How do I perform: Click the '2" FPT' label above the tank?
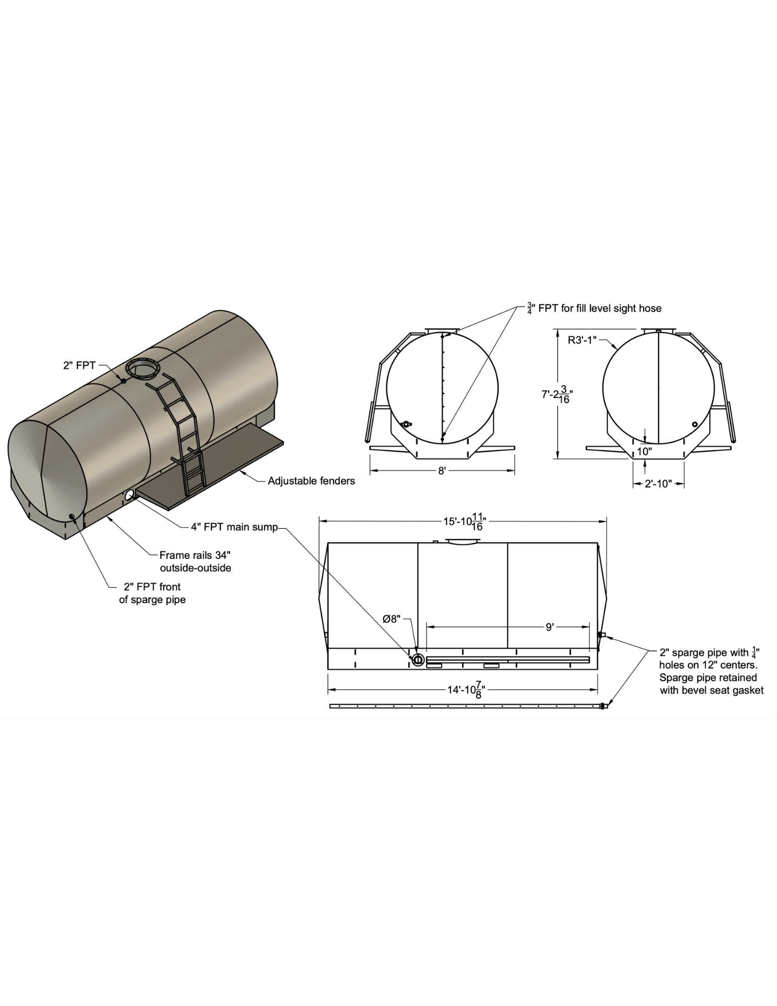[79, 366]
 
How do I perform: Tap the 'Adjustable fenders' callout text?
[311, 481]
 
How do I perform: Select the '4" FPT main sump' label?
[234, 527]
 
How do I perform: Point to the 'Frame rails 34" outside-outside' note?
[195, 561]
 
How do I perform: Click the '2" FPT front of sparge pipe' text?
[152, 593]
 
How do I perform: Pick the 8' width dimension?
[442, 471]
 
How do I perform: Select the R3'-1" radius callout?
[582, 340]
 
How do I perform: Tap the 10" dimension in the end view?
[644, 452]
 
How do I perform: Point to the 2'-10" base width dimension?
[658, 484]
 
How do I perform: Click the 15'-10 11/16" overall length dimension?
[463, 521]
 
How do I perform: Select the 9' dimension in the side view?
[550, 627]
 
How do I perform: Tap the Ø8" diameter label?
[391, 619]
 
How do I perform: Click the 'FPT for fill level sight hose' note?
[594, 308]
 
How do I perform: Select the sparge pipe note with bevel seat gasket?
[711, 672]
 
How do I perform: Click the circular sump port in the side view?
[418, 659]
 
